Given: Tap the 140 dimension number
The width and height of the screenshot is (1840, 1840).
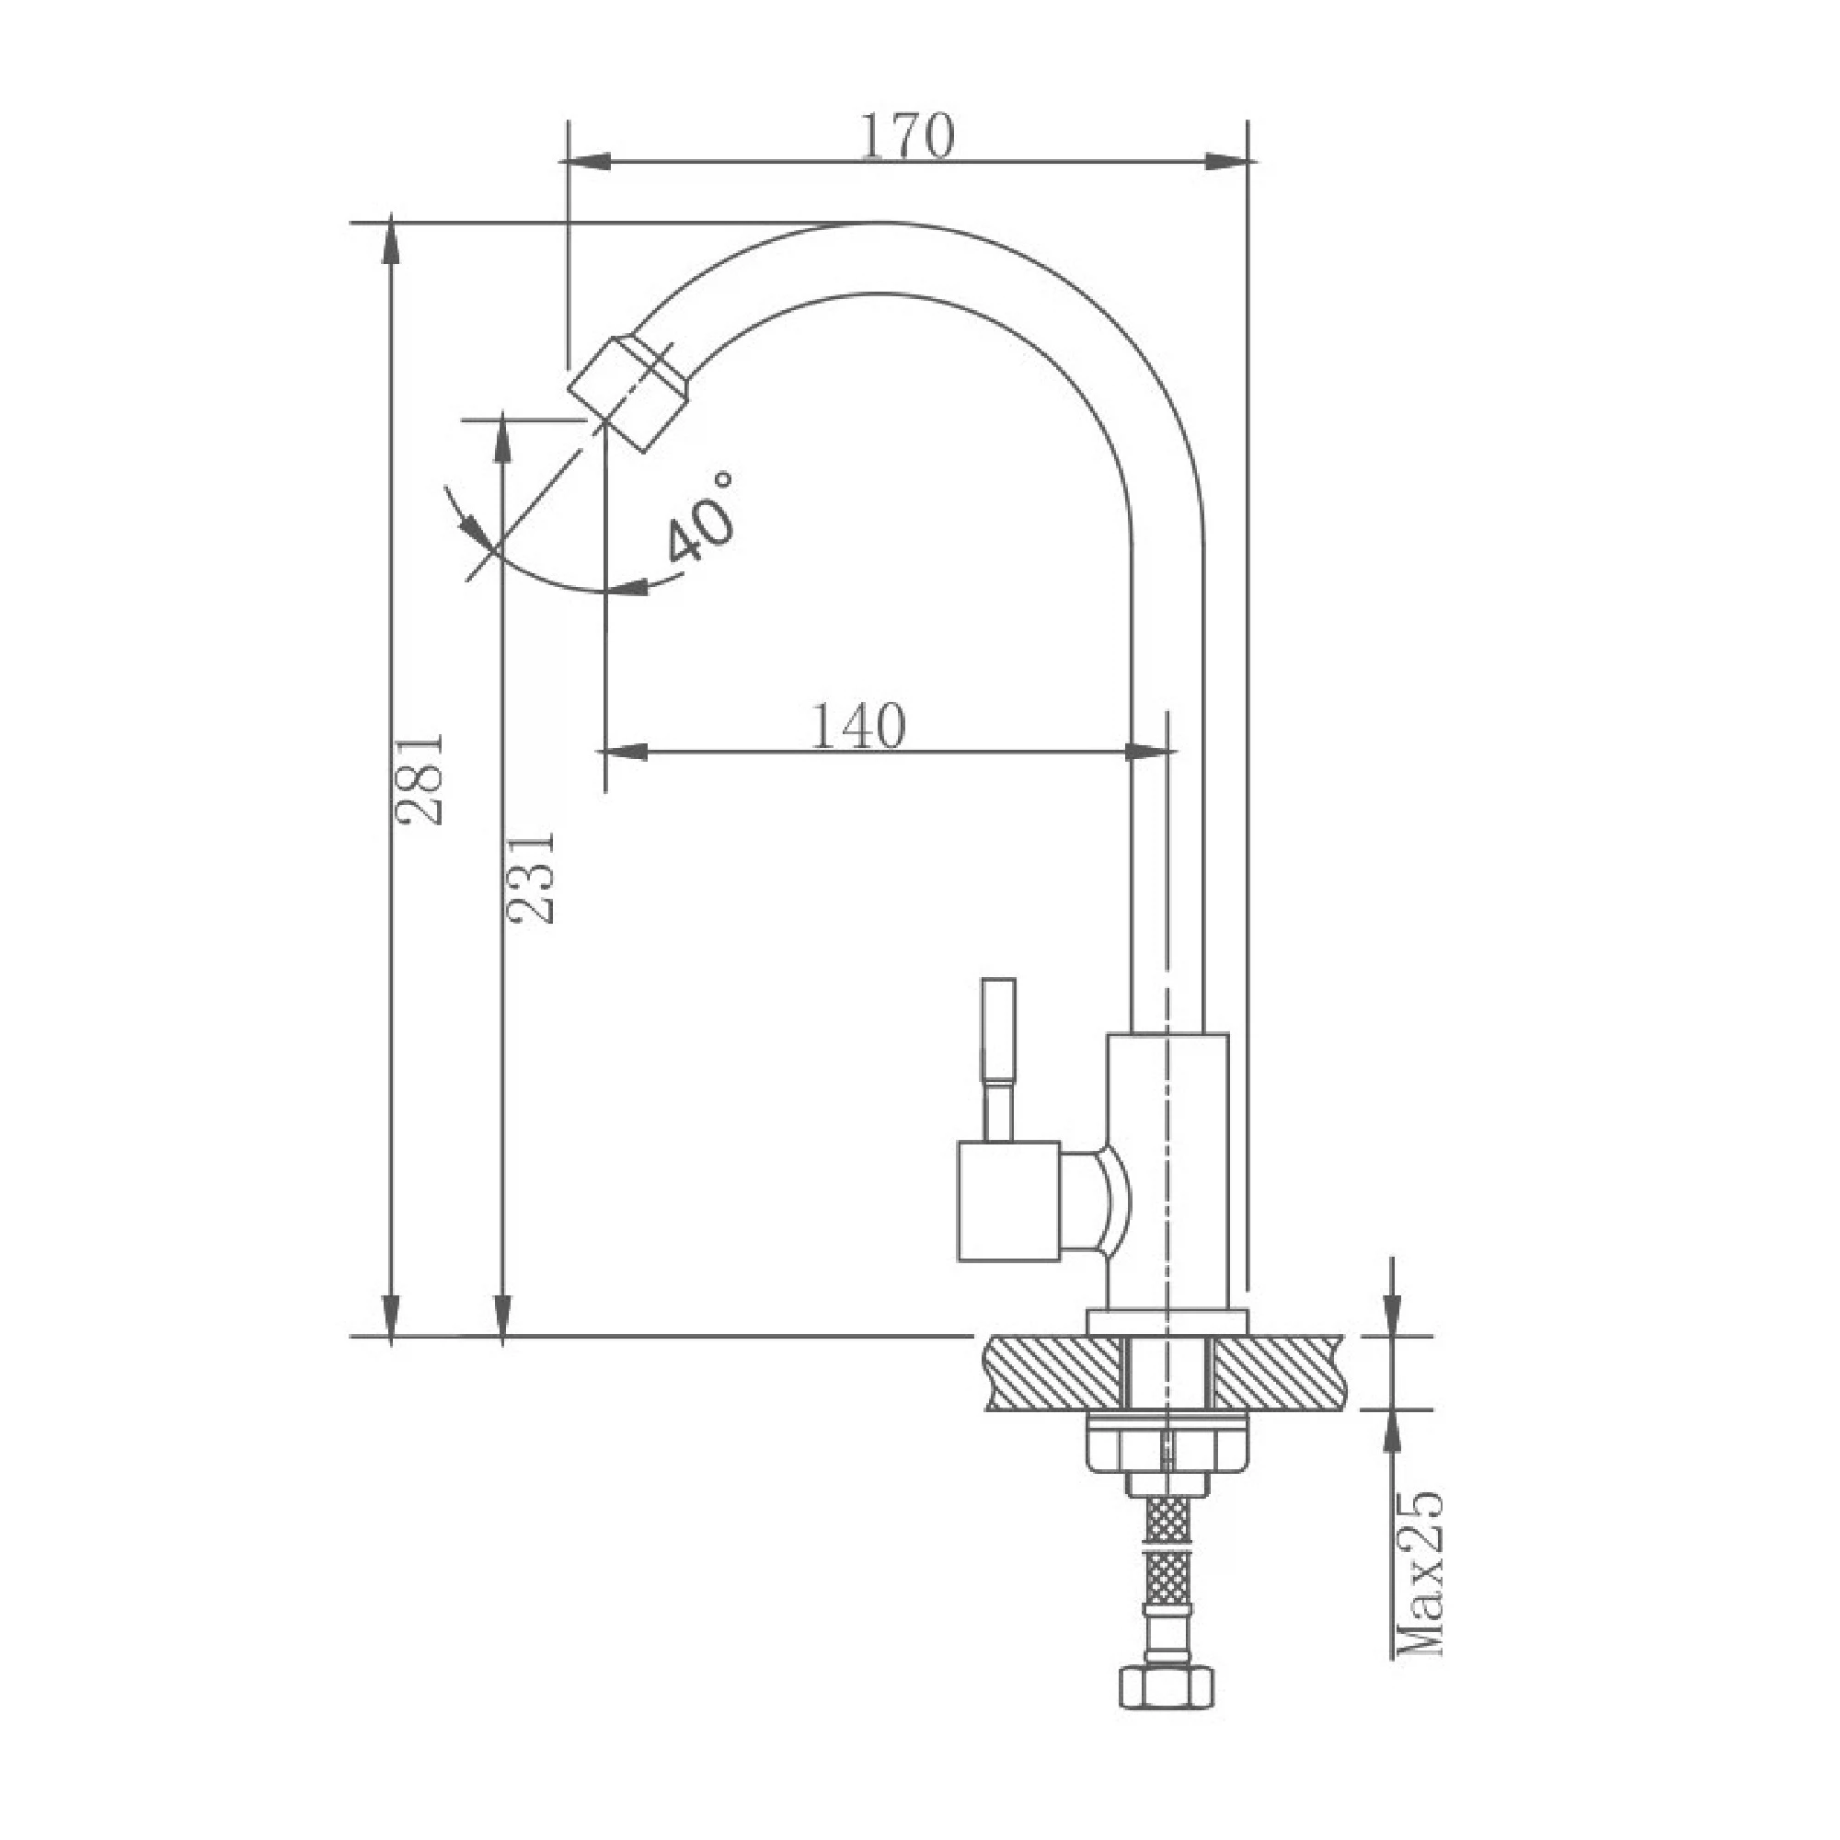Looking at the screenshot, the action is click(858, 728).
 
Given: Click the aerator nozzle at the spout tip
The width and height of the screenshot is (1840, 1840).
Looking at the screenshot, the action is click(628, 393).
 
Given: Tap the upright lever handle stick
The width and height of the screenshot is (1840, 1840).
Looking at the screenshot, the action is click(999, 1059).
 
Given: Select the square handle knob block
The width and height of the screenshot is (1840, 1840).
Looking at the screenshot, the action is click(1008, 1201).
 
